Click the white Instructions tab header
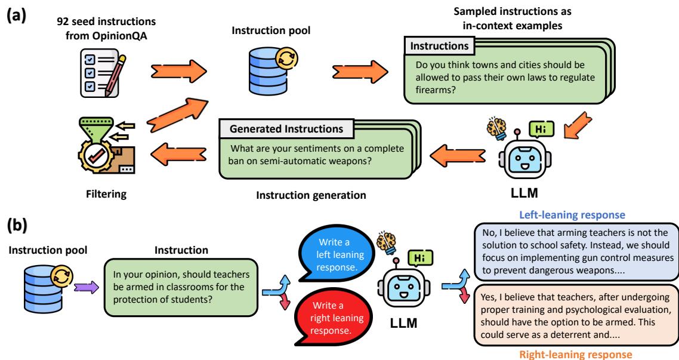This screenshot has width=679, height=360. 440,45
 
